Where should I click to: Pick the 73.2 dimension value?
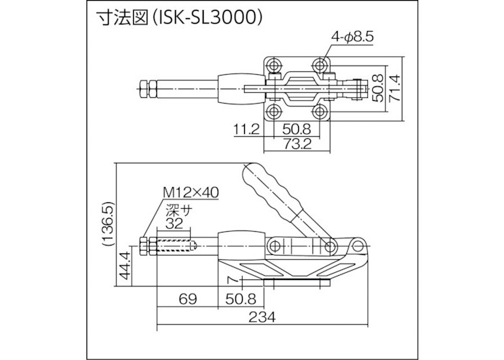pyautogui.click(x=295, y=144)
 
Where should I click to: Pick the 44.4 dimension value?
pyautogui.click(x=125, y=270)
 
